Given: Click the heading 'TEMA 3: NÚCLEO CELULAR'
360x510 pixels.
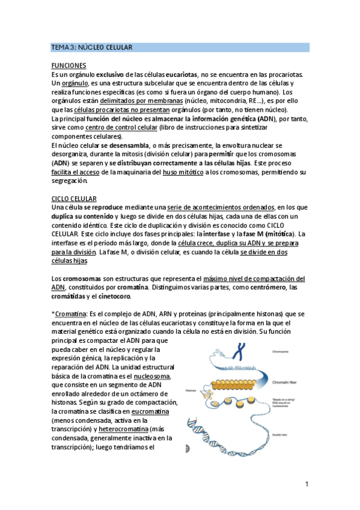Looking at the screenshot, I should click(x=92, y=47).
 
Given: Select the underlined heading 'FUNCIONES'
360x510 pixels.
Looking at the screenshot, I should click(x=69, y=66).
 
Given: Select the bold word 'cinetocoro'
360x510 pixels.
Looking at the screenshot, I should click(x=112, y=296).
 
